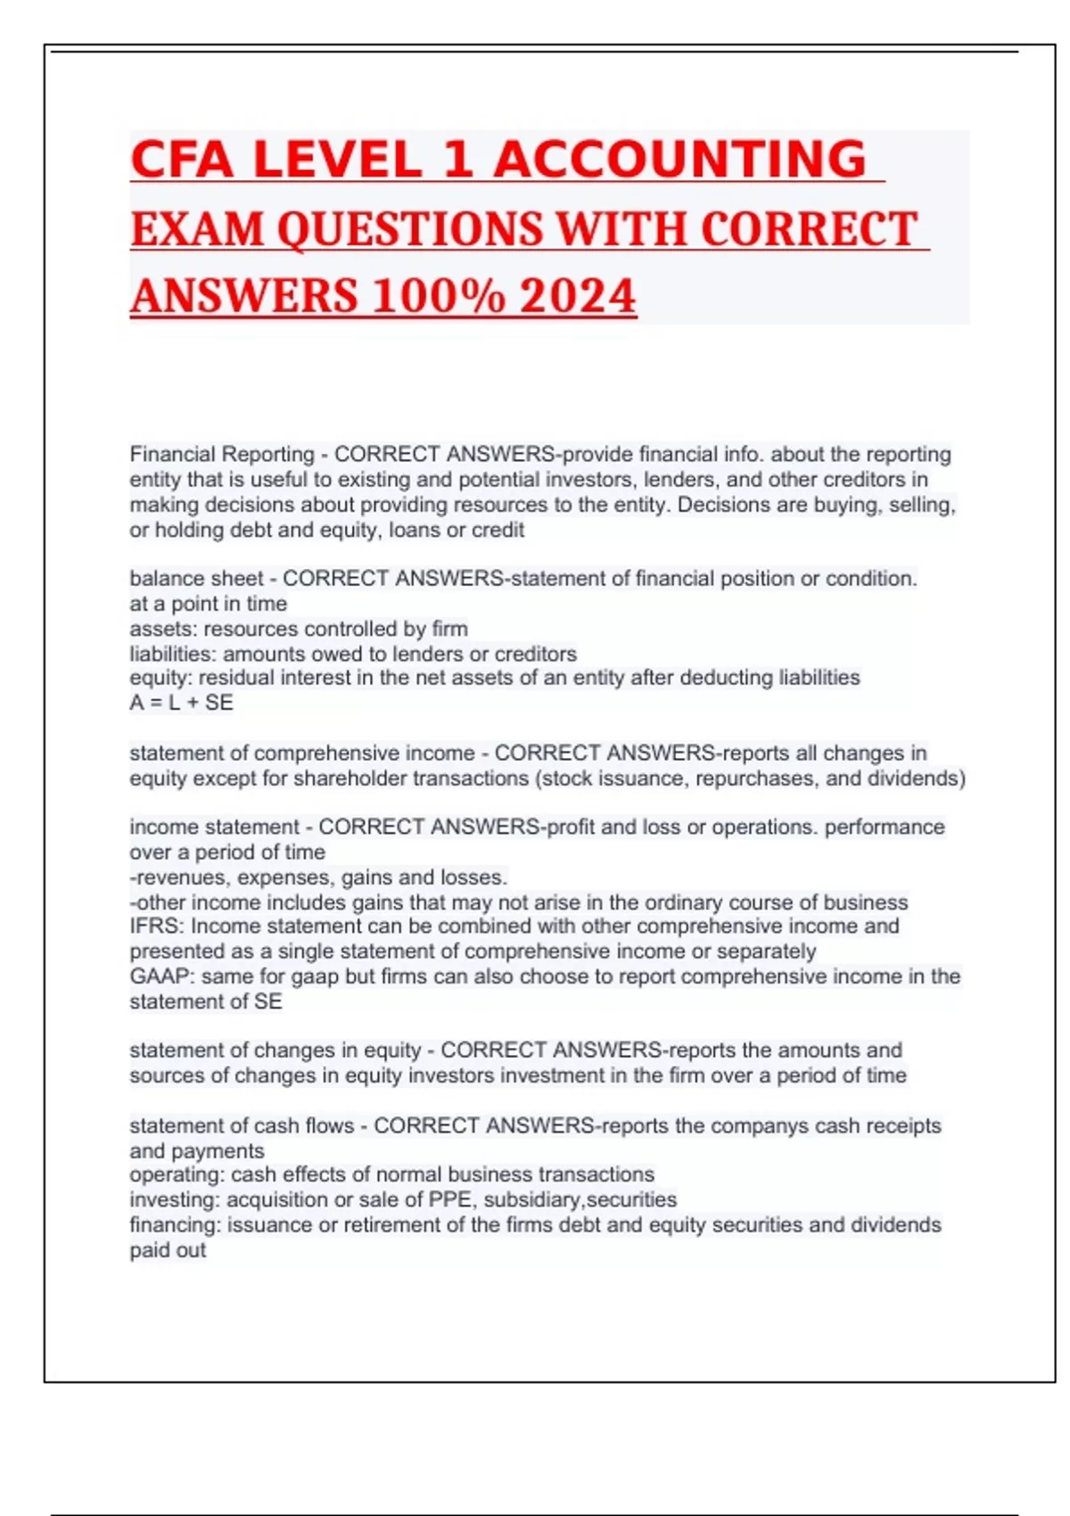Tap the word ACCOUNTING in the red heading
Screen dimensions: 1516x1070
pos(679,160)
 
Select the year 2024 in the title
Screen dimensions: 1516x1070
pos(578,296)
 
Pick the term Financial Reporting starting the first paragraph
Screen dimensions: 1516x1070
pos(222,455)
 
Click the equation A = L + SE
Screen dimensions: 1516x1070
pos(181,703)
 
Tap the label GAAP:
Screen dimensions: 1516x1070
pos(162,976)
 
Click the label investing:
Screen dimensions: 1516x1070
pos(175,1199)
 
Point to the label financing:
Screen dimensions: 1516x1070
pos(175,1224)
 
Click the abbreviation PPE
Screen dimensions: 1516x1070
pos(450,1199)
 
